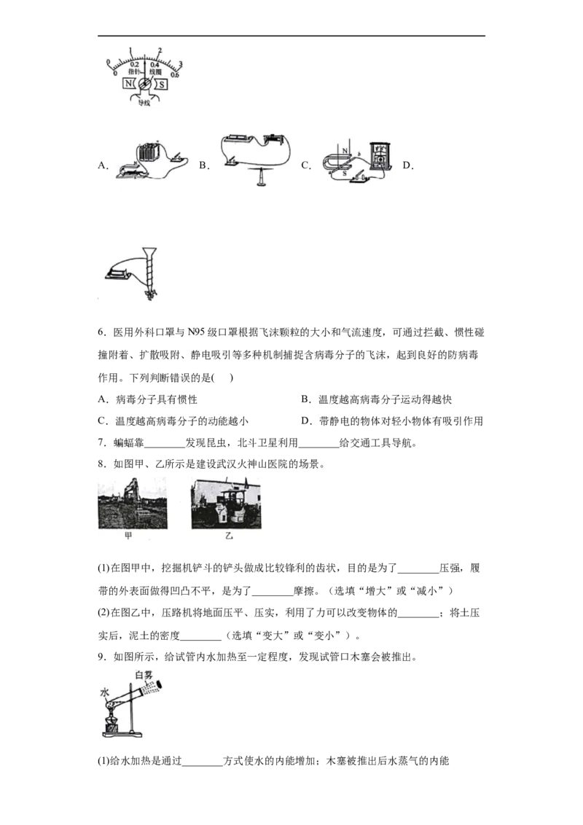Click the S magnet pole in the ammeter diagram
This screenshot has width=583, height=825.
pyautogui.click(x=162, y=85)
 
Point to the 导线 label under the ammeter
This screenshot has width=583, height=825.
pyautogui.click(x=144, y=103)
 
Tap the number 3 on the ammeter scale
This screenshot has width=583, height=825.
pyautogui.click(x=180, y=65)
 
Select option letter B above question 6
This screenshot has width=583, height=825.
pyautogui.click(x=204, y=165)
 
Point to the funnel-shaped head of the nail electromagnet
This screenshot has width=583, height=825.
pyautogui.click(x=149, y=251)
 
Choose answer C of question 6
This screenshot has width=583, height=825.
pyautogui.click(x=173, y=421)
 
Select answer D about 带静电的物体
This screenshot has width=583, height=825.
pyautogui.click(x=392, y=421)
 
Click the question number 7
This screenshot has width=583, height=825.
pyautogui.click(x=103, y=442)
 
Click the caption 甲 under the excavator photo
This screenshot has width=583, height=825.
pyautogui.click(x=128, y=536)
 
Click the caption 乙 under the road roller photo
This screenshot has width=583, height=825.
pyautogui.click(x=229, y=536)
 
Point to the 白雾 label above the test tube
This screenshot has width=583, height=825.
pyautogui.click(x=144, y=674)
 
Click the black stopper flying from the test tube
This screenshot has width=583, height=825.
pyautogui.click(x=160, y=685)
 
